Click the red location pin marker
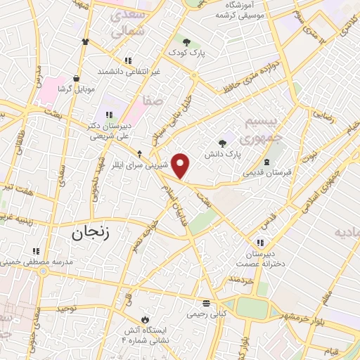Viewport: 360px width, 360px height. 181,166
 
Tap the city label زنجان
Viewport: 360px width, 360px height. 91,233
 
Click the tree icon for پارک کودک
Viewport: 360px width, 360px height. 187,40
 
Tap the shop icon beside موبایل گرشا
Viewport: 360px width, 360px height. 75,78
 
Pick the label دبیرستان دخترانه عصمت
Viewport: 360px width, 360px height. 263,259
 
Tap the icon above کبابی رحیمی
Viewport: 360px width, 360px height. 206,304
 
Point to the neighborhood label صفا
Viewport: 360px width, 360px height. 153,101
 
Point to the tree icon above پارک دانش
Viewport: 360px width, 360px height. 224,141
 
